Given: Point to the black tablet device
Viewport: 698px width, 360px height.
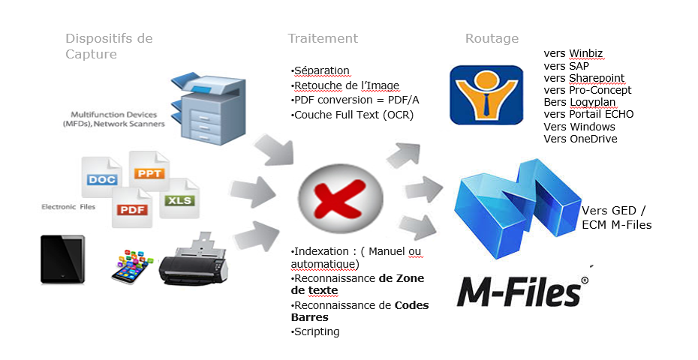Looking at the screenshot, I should point(62,259).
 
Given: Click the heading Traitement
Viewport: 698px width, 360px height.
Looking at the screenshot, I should point(323,38).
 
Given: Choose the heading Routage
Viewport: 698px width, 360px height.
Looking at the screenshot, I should point(492,38).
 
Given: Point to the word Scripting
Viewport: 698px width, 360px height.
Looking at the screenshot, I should point(316,331).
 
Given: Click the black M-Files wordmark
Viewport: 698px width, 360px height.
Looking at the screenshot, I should point(522,292).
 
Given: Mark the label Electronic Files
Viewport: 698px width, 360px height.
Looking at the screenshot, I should point(68,206).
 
